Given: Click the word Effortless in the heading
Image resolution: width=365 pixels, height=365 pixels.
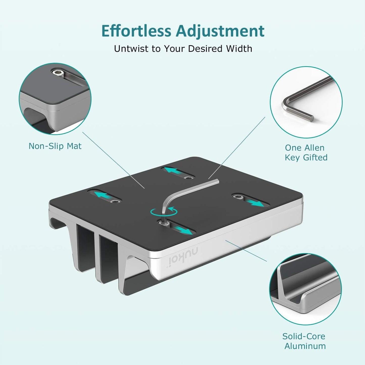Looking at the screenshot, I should point(136,31).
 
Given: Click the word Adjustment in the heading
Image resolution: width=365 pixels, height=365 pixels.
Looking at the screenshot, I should point(220,31).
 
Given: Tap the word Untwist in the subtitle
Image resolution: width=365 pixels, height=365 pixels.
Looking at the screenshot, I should point(132,48).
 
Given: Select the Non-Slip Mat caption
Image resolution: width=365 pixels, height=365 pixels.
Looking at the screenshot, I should point(55,146).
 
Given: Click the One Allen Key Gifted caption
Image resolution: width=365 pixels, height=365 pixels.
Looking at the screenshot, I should point(306,153).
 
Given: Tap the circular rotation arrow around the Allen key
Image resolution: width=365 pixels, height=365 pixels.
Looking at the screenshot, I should point(164,212).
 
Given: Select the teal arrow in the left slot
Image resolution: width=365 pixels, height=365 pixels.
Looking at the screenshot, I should point(103,195).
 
